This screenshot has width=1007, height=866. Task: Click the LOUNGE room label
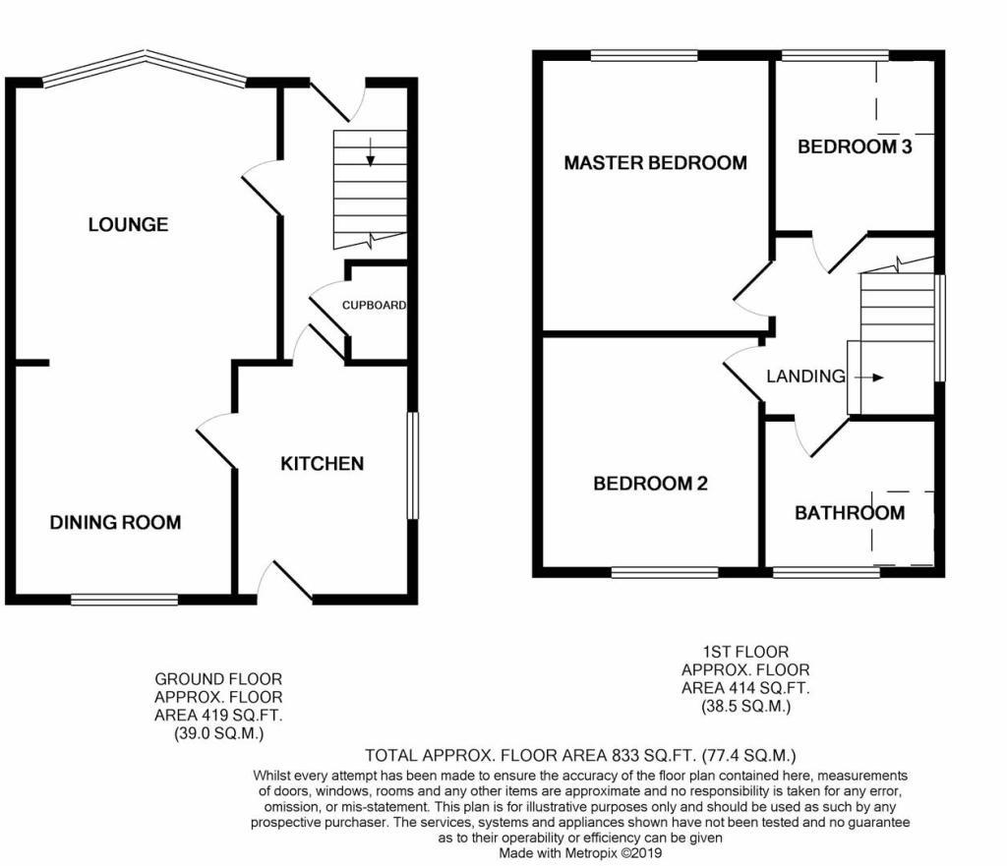point(128,225)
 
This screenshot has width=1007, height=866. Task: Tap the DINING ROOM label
point(115,522)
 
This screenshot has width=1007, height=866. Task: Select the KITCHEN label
point(323,464)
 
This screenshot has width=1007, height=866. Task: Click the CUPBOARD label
point(374,306)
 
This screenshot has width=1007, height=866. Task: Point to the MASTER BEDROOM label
point(655,163)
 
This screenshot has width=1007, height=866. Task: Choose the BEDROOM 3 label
point(855,147)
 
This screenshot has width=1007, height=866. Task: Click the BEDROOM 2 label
point(650,484)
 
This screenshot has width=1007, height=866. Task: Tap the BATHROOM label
point(850,513)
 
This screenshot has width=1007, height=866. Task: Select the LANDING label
point(805,376)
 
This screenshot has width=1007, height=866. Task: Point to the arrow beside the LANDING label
point(869,377)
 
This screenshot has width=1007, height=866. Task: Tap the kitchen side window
point(413,465)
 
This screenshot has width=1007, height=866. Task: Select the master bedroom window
point(644,56)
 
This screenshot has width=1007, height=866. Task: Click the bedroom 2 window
point(665,571)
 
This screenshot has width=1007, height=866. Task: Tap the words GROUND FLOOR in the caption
point(218,679)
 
